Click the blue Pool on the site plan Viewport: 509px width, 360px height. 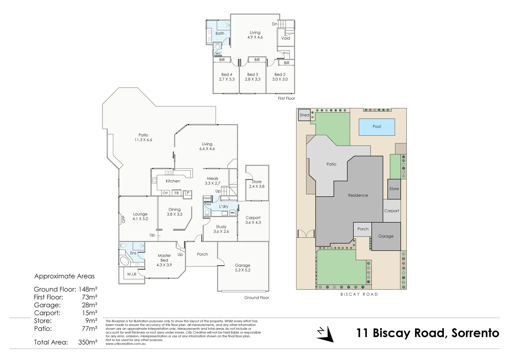point(377,127)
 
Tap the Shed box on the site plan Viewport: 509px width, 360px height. point(304,115)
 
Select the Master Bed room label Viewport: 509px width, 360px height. point(164,258)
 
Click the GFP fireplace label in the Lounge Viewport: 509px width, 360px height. point(123,219)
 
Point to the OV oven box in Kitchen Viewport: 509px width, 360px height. point(165,193)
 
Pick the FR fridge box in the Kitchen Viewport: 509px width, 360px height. point(177,193)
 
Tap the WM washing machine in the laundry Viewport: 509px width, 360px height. point(232,213)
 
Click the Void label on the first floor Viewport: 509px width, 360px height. point(285,38)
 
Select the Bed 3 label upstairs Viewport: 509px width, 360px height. point(253,75)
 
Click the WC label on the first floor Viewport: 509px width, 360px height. point(218,54)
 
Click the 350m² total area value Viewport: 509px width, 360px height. point(88,342)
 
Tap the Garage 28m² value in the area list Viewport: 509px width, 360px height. point(90,305)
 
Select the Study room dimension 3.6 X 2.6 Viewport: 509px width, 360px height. point(221,231)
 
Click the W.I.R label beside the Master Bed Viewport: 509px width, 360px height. point(132,274)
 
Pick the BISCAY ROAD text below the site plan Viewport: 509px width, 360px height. point(359,294)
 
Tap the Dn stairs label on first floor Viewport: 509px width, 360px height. point(274,24)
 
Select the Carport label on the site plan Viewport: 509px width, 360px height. point(391,211)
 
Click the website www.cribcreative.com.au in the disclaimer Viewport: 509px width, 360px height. point(126,344)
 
